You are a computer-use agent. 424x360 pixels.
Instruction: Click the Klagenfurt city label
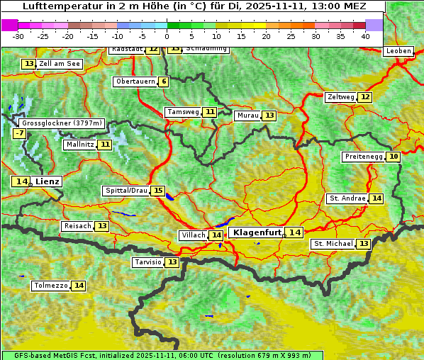coord(257,232)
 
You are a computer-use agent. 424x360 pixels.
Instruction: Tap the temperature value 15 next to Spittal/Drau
coord(158,191)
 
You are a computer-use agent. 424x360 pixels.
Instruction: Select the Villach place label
coord(194,235)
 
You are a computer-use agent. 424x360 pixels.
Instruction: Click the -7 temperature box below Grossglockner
coord(19,133)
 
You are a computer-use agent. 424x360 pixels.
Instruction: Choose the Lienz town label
coord(48,181)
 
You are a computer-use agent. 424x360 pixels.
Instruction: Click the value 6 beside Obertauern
coord(164,81)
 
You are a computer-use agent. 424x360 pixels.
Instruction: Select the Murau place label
coord(247,116)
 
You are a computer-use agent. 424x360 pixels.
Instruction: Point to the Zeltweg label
coord(340,97)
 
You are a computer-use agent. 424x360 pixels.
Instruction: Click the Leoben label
coord(398,51)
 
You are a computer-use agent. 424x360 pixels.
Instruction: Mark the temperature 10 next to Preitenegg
coord(393,157)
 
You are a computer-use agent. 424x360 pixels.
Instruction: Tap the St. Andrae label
coord(347,198)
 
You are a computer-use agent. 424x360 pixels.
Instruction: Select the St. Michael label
coord(333,244)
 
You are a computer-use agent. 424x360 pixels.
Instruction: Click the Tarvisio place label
coord(148,262)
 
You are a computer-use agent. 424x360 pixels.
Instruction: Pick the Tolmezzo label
coord(50,286)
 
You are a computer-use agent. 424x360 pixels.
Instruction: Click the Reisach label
coord(77,226)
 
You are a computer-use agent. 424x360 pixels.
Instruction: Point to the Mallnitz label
coord(79,145)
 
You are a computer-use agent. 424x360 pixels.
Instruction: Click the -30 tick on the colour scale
coord(18,35)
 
